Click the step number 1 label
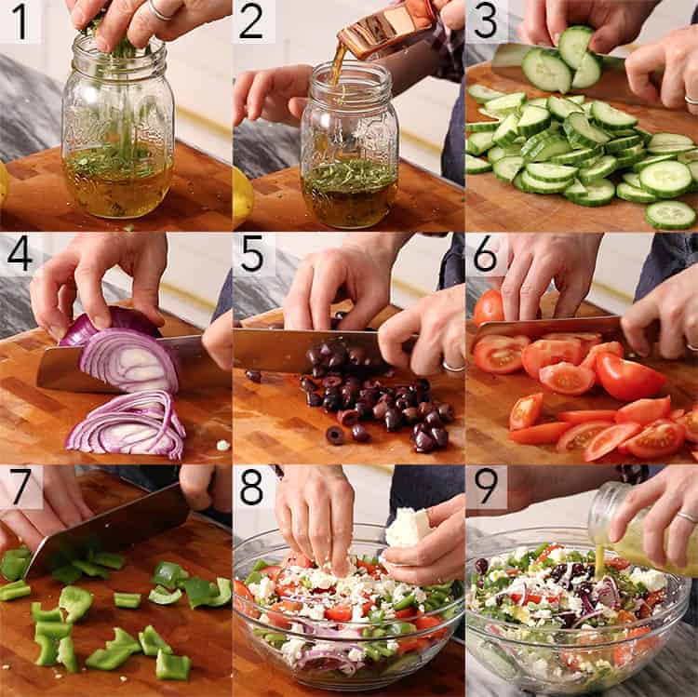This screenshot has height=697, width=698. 20,21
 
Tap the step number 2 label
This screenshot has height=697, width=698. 253,21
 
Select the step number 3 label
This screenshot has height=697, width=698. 486,21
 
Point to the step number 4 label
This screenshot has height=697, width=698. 20,254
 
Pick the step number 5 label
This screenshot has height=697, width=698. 253,254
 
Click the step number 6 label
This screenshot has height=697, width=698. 486,254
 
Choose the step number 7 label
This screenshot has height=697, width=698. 20,487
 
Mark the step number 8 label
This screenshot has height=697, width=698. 253,487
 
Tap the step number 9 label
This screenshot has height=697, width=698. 486,487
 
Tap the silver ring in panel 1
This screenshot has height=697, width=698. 160,11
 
